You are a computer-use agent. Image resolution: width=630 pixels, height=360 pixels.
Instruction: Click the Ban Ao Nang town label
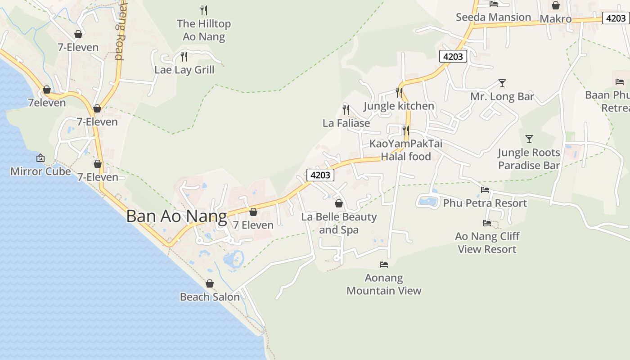[176, 216]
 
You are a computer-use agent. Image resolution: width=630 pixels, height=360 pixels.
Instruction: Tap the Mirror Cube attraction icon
[40, 158]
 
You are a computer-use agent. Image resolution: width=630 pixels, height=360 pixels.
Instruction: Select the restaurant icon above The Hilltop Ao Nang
[204, 10]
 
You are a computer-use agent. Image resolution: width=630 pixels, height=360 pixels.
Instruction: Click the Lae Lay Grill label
[184, 70]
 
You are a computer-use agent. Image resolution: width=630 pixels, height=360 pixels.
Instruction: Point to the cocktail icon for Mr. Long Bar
[502, 83]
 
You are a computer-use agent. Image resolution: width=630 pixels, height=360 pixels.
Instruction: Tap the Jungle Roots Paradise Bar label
[529, 159]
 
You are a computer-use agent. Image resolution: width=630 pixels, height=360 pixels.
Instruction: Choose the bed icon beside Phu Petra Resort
[485, 190]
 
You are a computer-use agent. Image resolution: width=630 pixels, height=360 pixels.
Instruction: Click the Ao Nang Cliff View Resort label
[487, 243]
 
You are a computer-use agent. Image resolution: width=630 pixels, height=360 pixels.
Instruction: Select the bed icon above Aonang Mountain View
[384, 265]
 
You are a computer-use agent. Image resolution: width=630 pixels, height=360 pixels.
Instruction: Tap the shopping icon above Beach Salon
[210, 283]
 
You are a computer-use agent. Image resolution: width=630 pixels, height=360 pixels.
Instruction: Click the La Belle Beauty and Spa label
[339, 223]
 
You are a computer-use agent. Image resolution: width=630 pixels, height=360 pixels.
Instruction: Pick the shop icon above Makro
[556, 5]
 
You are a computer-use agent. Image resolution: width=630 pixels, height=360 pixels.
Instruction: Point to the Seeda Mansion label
[493, 18]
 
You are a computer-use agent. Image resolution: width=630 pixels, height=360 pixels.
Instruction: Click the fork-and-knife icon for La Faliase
[346, 109]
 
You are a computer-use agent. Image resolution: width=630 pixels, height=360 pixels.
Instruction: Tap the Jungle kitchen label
[399, 106]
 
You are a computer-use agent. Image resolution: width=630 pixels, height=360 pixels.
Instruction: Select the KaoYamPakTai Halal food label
[406, 150]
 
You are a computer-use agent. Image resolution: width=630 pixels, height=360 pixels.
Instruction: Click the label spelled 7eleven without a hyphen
[47, 103]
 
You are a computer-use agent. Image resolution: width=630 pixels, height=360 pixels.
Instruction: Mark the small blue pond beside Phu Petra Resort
[427, 201]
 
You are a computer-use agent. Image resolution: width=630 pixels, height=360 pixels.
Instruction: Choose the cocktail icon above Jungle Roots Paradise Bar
[529, 139]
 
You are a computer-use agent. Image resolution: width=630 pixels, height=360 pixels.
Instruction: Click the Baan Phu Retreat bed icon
[620, 82]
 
